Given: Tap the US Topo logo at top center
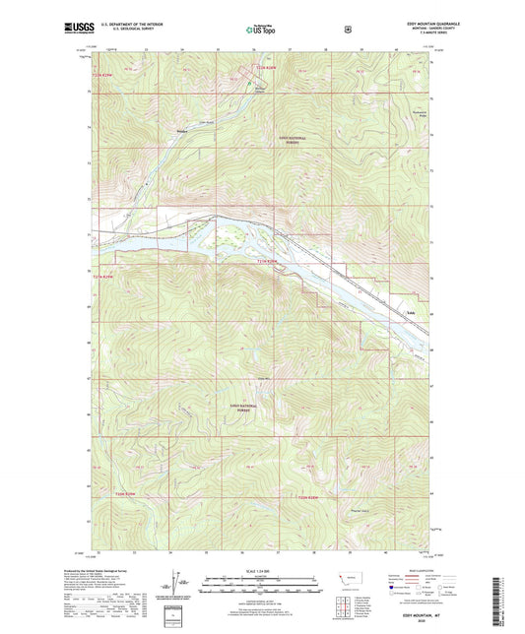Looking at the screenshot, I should point(261,31).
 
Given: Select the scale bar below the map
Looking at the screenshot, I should point(261,582).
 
